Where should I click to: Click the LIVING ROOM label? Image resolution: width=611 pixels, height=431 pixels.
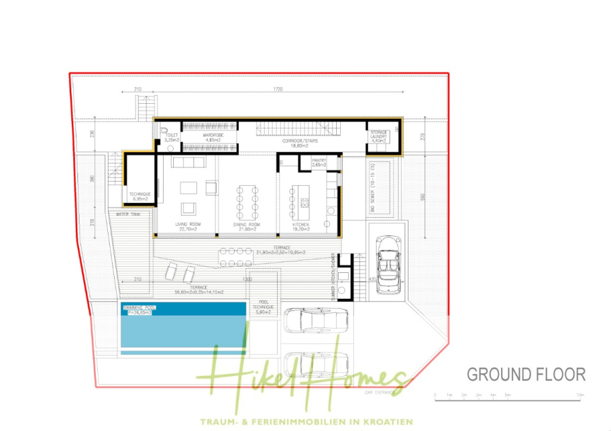pyautogui.click(x=187, y=225)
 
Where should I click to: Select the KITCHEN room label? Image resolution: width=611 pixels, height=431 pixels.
pyautogui.click(x=301, y=225)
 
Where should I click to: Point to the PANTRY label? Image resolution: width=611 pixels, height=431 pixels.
pyautogui.click(x=318, y=161)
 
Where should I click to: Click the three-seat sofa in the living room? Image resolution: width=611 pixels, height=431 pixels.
pyautogui.click(x=189, y=162)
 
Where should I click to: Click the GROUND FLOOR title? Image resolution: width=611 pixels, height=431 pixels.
pyautogui.click(x=525, y=374)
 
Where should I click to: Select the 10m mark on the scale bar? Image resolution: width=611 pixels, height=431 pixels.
pyautogui.click(x=580, y=394)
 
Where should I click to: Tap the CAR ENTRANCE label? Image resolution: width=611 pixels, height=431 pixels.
pyautogui.click(x=379, y=392)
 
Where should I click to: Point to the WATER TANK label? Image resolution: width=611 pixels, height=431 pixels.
pyautogui.click(x=128, y=214)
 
